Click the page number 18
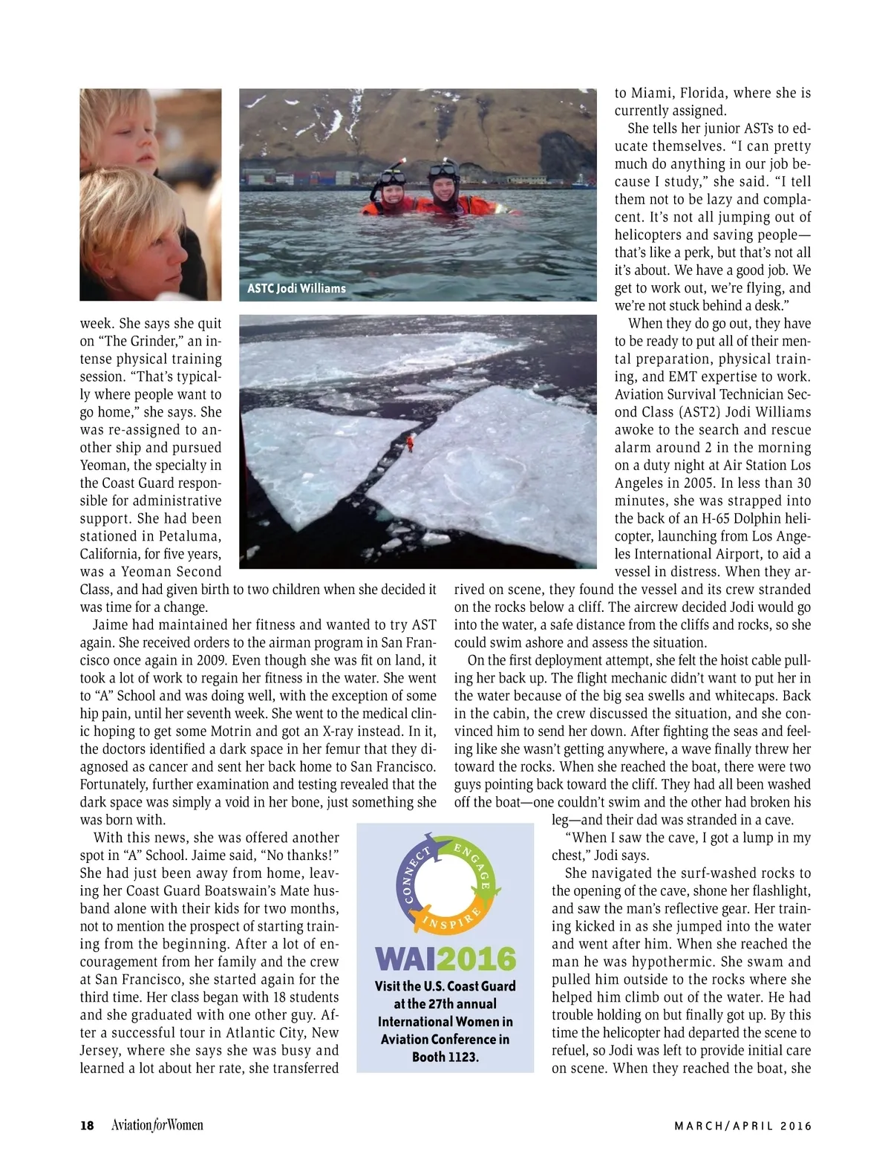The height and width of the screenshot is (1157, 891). (x=87, y=1125)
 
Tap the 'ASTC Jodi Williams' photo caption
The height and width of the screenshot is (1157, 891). (x=296, y=288)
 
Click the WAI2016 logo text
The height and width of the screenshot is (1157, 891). (x=445, y=958)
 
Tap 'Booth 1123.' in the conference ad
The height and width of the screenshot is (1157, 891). (x=445, y=1057)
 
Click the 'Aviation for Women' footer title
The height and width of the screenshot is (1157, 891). (x=157, y=1125)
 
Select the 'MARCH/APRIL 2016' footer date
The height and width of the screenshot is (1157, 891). (x=742, y=1126)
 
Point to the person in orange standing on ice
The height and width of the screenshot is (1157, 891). (x=409, y=443)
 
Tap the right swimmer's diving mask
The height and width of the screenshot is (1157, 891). (x=443, y=177)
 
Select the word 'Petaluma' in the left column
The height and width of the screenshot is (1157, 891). (x=189, y=536)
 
